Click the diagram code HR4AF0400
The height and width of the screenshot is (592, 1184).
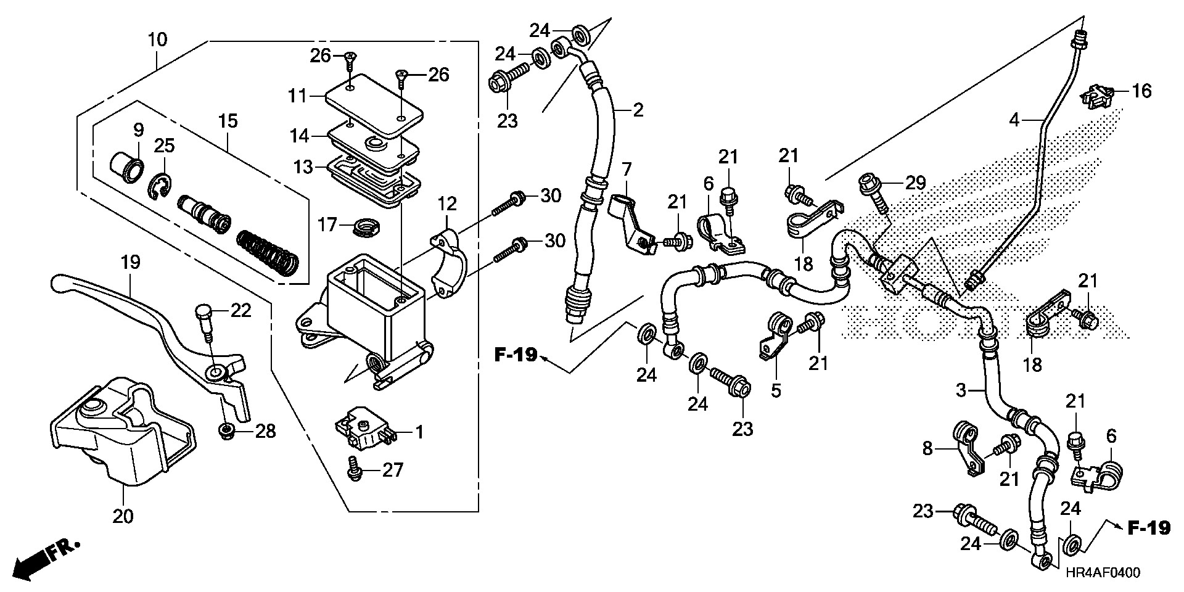pyautogui.click(x=1101, y=573)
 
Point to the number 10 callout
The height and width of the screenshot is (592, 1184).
pyautogui.click(x=157, y=41)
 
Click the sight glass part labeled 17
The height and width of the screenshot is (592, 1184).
pyautogui.click(x=366, y=227)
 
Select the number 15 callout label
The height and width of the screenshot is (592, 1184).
pyautogui.click(x=228, y=121)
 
